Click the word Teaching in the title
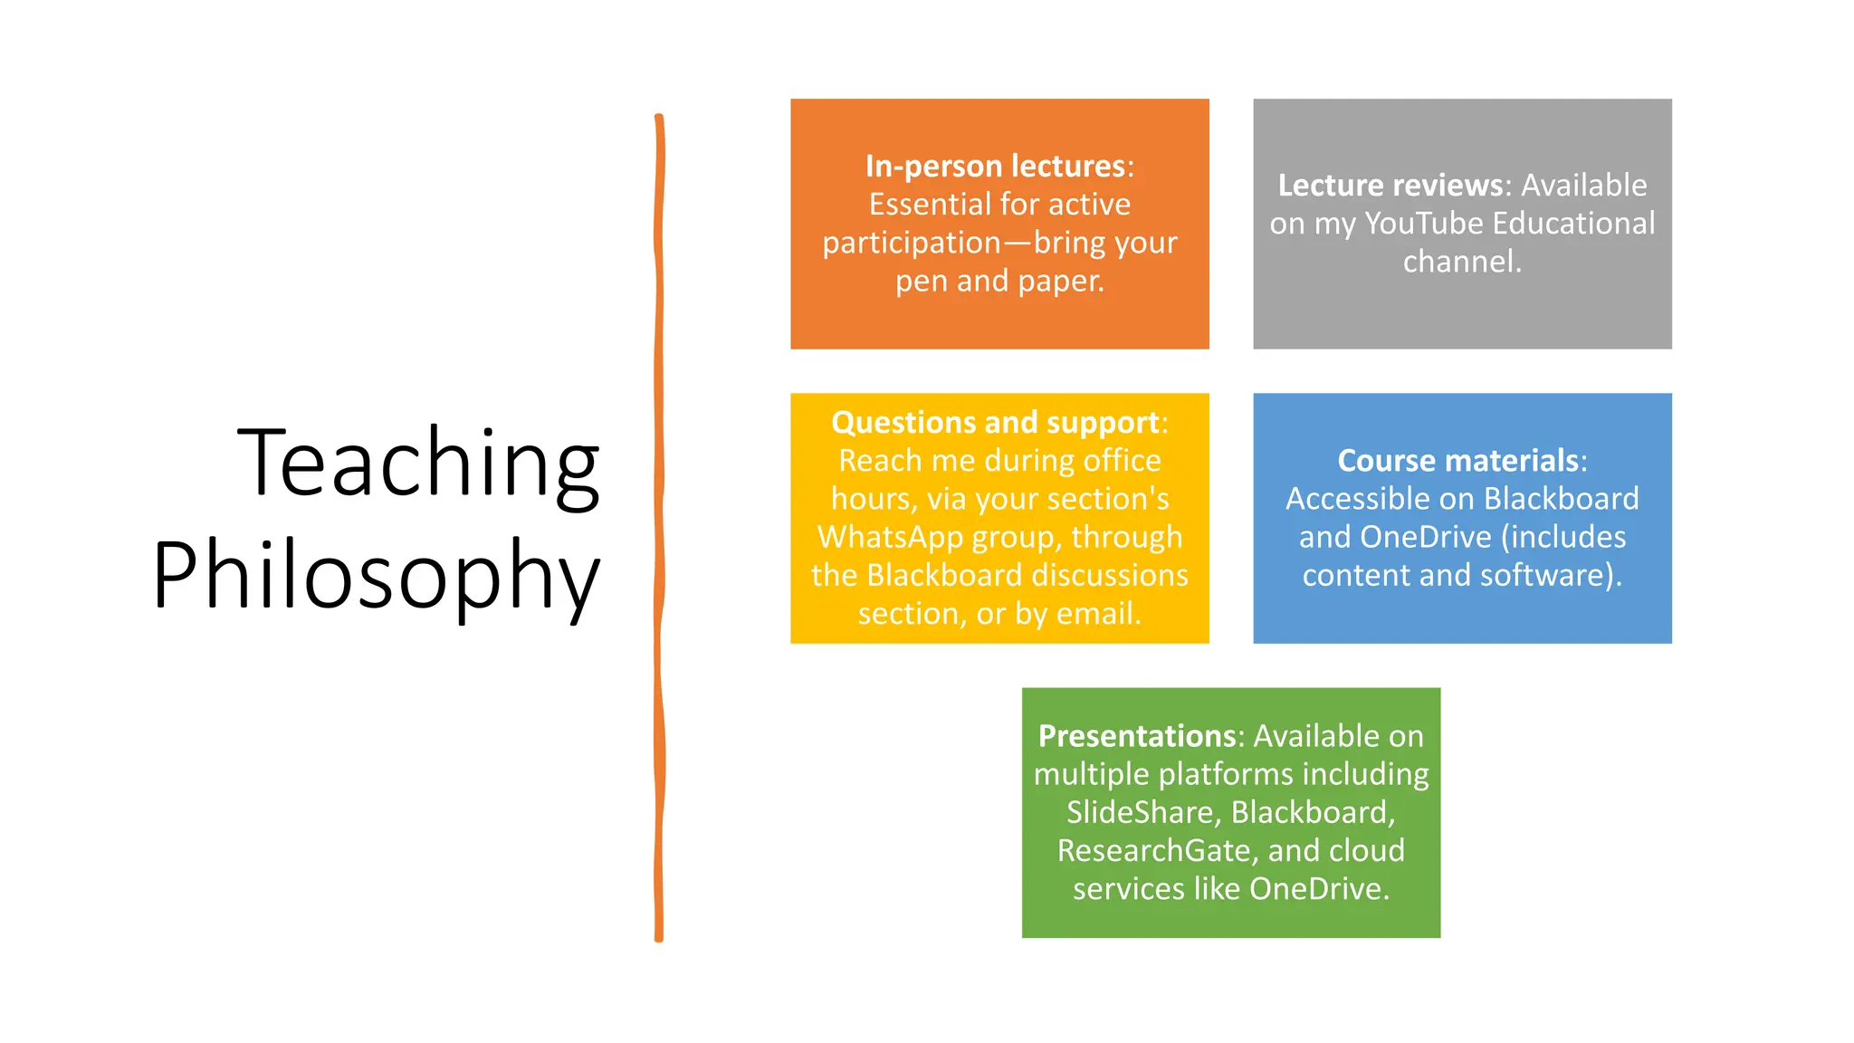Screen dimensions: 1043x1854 pos(418,463)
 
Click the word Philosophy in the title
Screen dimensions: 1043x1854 pos(377,575)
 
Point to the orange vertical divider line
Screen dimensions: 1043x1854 pos(659,525)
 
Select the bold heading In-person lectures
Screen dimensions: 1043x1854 pos(995,166)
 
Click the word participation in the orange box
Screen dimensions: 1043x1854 pos(911,243)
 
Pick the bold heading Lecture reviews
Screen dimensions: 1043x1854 pos(1390,185)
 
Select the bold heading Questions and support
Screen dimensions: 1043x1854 pos(995,423)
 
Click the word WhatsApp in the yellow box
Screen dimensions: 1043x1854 pos(890,538)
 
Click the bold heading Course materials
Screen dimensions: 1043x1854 pos(1457,461)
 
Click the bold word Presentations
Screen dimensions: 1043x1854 pos(1136,736)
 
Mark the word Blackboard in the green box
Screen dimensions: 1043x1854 pos(1309,812)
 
